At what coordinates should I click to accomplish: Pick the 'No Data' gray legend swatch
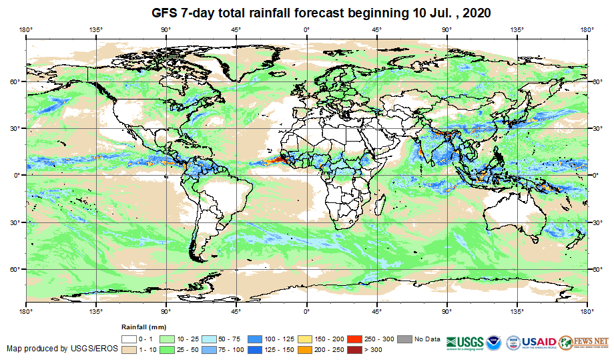(x=404, y=339)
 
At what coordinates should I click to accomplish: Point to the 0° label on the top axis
(x=306, y=29)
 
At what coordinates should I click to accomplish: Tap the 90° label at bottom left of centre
(x=166, y=311)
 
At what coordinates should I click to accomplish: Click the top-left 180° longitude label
(x=25, y=29)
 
